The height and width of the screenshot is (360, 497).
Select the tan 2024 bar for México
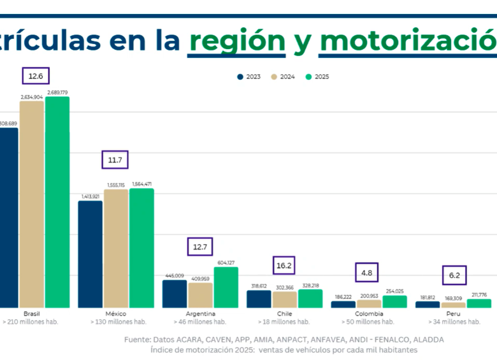click(116, 248)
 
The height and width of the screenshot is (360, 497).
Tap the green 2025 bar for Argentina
click(226, 287)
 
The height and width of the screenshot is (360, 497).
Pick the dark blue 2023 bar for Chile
click(259, 299)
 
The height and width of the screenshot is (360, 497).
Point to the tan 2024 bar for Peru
click(454, 305)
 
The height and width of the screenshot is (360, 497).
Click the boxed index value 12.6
click(36, 76)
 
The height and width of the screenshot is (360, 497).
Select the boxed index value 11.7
click(115, 160)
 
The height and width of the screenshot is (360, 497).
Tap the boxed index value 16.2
click(284, 266)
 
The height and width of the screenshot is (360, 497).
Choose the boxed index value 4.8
click(366, 273)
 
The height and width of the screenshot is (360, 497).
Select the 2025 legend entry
click(317, 76)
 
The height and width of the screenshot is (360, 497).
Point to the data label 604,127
click(226, 263)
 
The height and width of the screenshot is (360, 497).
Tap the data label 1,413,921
click(90, 196)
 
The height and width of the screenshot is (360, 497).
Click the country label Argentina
click(200, 313)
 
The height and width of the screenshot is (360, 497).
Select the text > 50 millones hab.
click(369, 322)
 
